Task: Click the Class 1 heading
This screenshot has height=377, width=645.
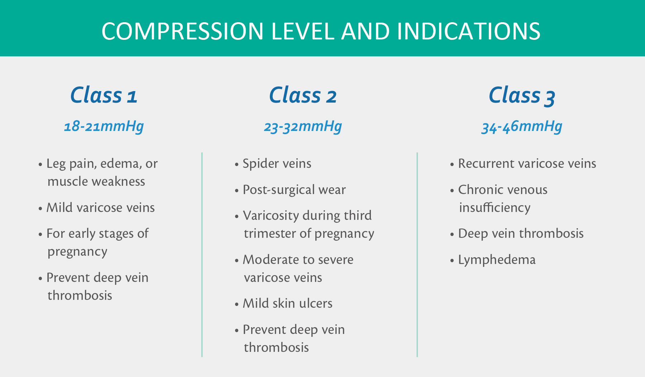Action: click(104, 95)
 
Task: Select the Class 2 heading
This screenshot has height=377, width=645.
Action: click(303, 95)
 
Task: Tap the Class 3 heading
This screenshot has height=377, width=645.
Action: click(522, 96)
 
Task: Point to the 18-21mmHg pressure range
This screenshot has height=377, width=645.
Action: click(104, 127)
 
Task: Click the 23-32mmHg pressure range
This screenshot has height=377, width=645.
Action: click(303, 127)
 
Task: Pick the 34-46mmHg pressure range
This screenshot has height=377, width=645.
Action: click(522, 127)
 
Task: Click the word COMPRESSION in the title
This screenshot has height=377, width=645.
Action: click(183, 31)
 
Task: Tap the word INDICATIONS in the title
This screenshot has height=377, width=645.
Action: click(469, 31)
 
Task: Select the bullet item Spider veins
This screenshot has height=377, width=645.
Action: click(277, 164)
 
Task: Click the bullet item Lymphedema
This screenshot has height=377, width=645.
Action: click(497, 260)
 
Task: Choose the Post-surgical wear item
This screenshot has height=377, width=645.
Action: click(294, 190)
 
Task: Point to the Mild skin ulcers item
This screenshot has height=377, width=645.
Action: click(288, 303)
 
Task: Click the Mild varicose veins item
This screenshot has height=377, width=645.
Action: click(101, 208)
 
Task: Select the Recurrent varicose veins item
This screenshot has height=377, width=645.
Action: click(527, 164)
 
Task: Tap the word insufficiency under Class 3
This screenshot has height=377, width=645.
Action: click(495, 208)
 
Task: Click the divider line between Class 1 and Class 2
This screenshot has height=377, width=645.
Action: click(202, 255)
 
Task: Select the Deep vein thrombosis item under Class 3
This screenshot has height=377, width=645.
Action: click(521, 234)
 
